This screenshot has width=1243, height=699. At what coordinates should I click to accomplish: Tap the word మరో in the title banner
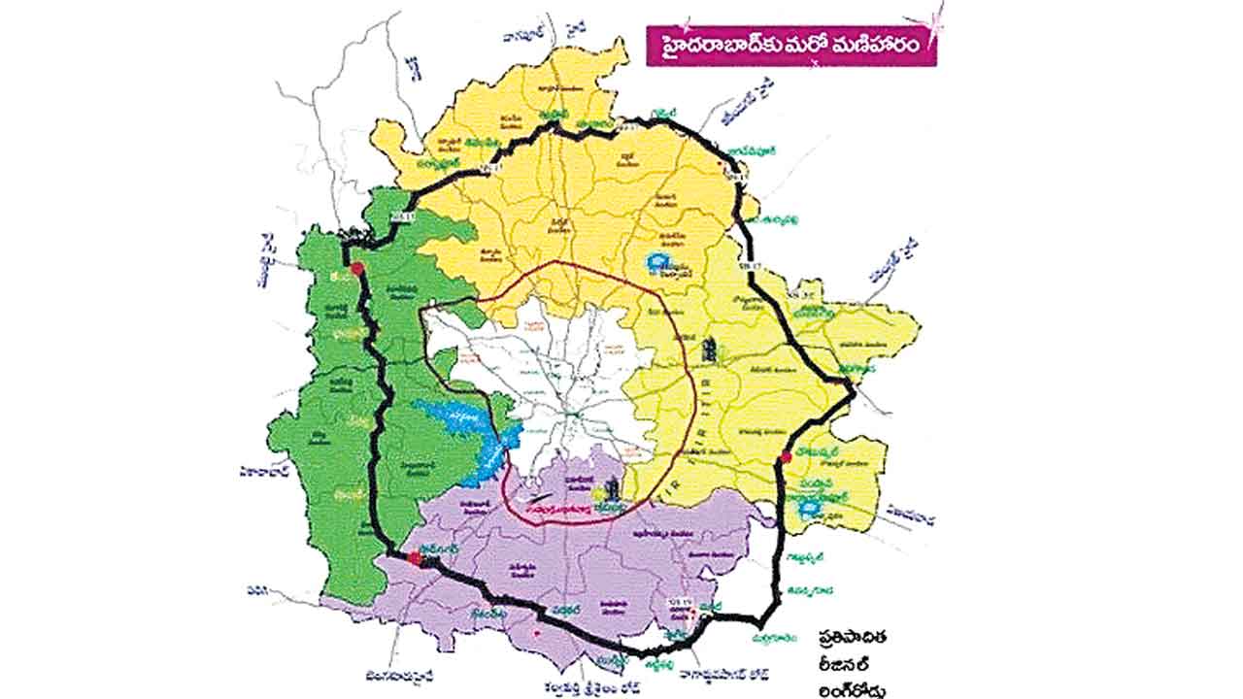point(816,47)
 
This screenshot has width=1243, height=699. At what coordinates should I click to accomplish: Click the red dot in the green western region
point(356,269)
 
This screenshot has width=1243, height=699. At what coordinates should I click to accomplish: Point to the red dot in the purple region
point(415,558)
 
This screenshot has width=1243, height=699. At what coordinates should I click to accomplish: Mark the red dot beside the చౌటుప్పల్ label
point(784,457)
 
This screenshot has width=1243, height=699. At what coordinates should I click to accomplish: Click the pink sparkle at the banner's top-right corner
point(936,17)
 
